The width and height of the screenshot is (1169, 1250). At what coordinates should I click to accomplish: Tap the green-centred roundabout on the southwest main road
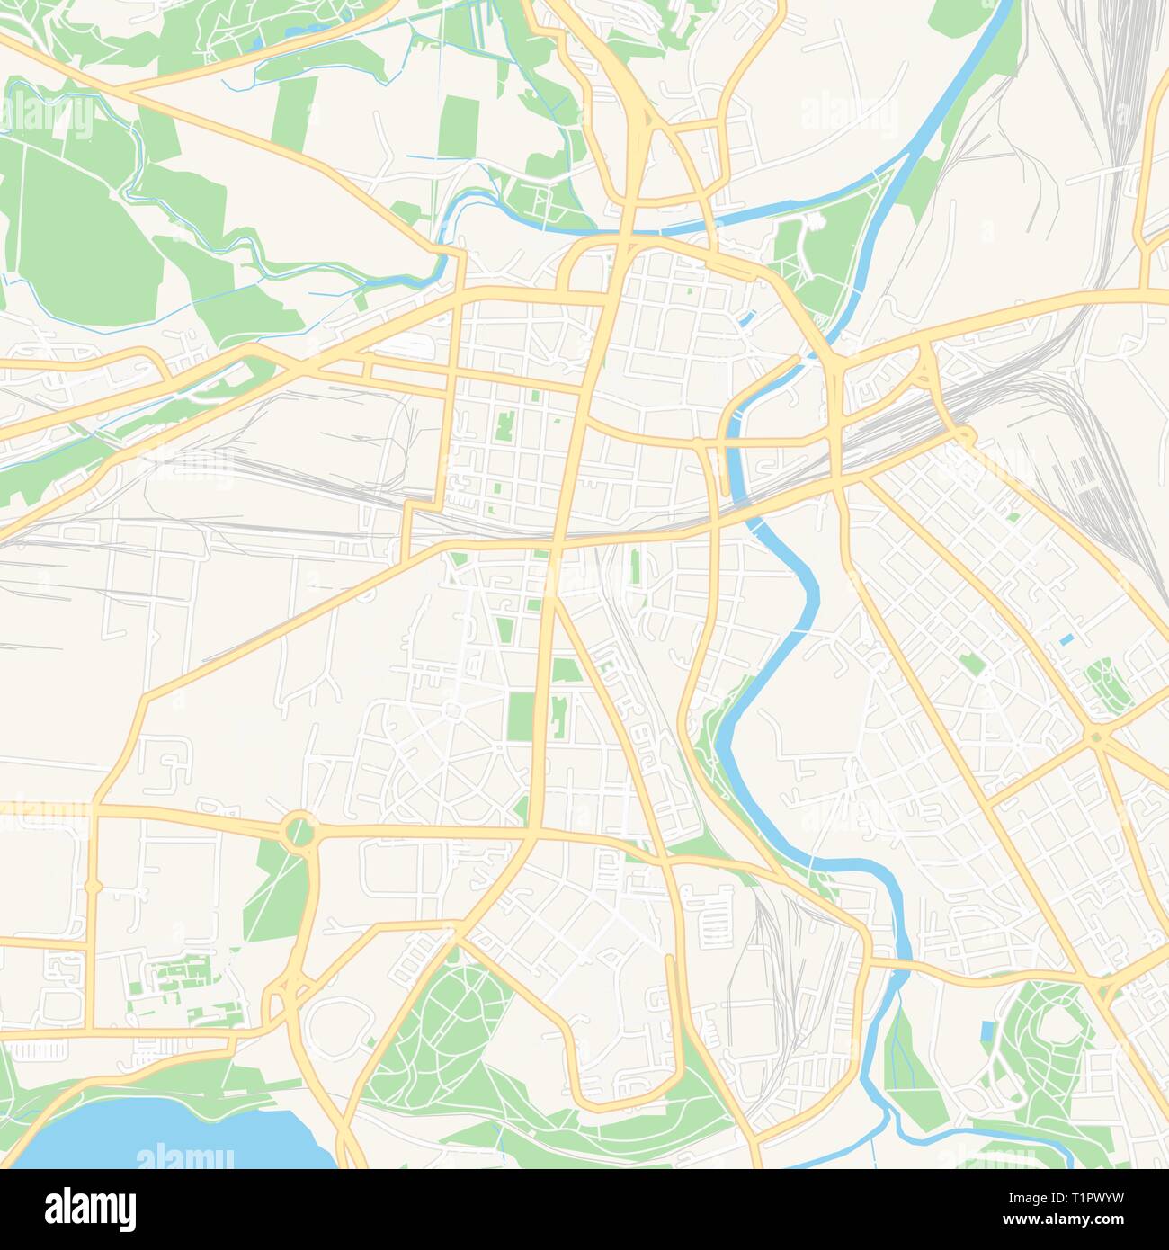pyautogui.click(x=299, y=828)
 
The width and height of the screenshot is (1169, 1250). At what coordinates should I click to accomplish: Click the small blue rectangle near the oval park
pyautogui.click(x=1067, y=639)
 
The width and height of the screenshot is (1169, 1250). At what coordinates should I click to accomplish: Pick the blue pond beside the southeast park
pyautogui.click(x=987, y=1035)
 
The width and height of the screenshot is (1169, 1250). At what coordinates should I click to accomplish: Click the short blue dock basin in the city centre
pyautogui.click(x=746, y=317)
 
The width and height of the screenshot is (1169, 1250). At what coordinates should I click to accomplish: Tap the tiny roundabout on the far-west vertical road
pyautogui.click(x=93, y=887)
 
